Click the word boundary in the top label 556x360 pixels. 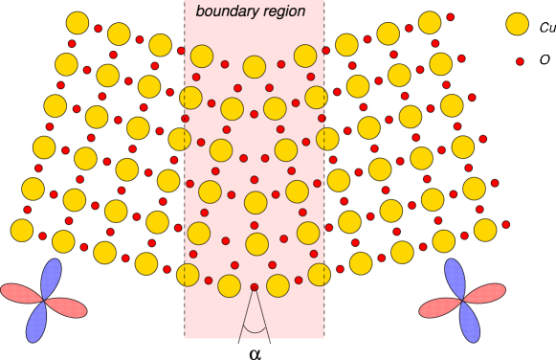(226, 11)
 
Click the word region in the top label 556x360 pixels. (282, 11)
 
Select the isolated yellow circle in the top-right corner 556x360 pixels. (517, 24)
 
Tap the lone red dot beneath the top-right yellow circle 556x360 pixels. (520, 61)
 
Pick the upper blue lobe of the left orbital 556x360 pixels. (51, 279)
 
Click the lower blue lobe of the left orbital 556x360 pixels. (36, 323)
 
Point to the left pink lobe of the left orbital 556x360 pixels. (20, 293)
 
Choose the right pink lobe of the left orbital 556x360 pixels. (67, 307)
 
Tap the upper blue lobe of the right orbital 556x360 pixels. (456, 279)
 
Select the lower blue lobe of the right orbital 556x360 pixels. (470, 323)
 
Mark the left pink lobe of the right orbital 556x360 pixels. (439, 307)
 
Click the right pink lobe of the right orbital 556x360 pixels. (486, 293)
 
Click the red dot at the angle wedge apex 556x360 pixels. (254, 287)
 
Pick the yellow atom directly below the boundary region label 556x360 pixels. (254, 66)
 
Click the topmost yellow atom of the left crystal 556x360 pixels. (78, 23)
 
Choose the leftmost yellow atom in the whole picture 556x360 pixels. (22, 230)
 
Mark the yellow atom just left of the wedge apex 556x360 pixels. (229, 285)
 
